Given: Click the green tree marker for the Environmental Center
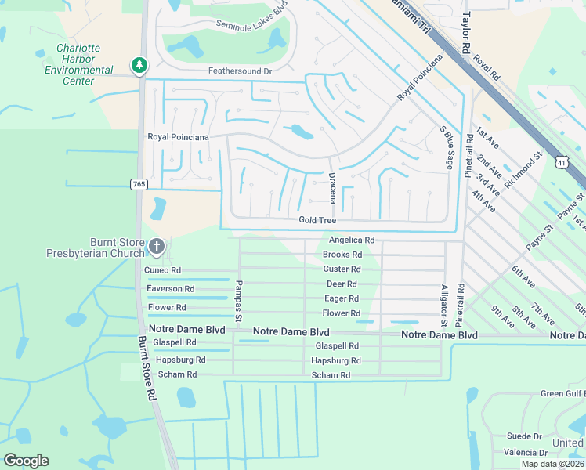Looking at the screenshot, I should pyautogui.click(x=139, y=65).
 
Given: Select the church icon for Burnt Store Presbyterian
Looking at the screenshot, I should pyautogui.click(x=157, y=248).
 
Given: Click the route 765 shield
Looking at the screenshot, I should pyautogui.click(x=139, y=184).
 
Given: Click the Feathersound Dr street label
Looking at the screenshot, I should pyautogui.click(x=240, y=71).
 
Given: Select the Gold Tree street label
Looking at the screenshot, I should pyautogui.click(x=317, y=221).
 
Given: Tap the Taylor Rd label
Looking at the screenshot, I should pyautogui.click(x=467, y=31).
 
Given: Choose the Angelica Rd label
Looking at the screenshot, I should pyautogui.click(x=352, y=240).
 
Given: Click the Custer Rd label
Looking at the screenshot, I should pyautogui.click(x=342, y=269).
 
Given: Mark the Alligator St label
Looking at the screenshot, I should pyautogui.click(x=443, y=306).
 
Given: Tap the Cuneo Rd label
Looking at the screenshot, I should pyautogui.click(x=163, y=270).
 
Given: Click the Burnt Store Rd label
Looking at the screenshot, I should pyautogui.click(x=147, y=369).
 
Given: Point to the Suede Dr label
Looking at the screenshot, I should pyautogui.click(x=524, y=436).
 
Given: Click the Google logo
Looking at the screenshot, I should pyautogui.click(x=26, y=461).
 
